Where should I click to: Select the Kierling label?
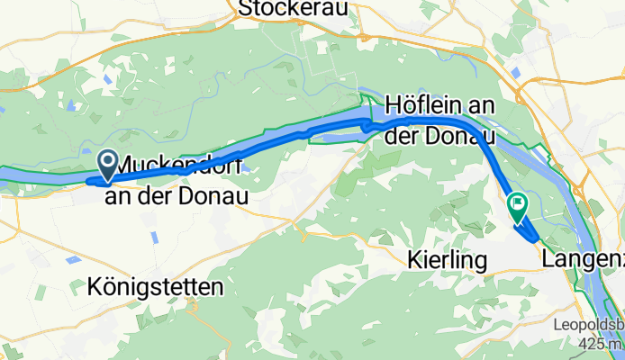pos(447,261)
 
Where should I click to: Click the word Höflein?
pos(426,106)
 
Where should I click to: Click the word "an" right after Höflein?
pos(483,106)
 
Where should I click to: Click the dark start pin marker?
pos(109,164)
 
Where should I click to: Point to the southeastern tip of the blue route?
pos(537,240)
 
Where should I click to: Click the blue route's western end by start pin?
pos(89,181)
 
